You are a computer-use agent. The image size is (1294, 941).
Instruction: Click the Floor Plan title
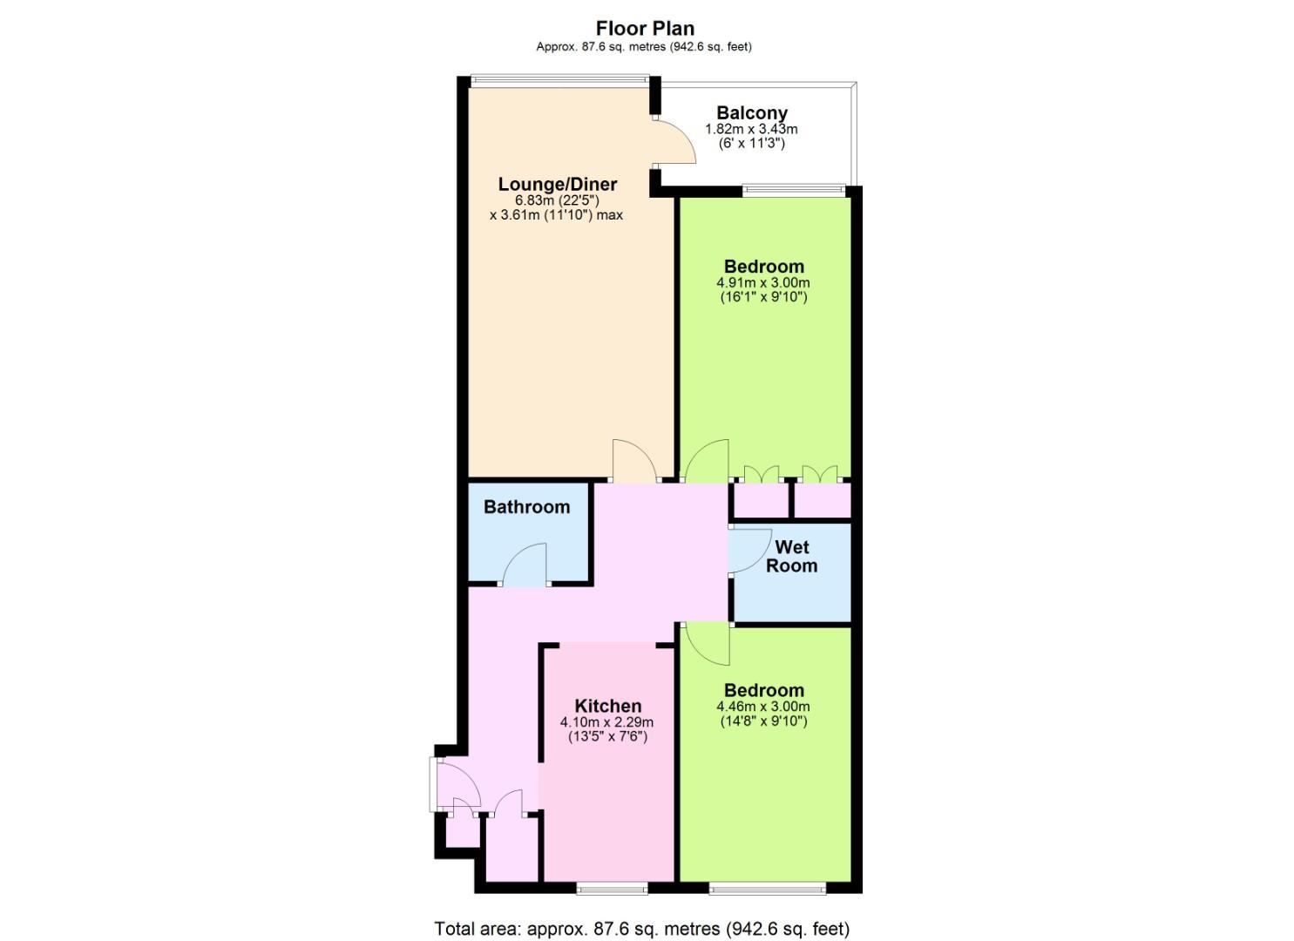[645, 28]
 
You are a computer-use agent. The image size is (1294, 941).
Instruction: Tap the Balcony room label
[751, 112]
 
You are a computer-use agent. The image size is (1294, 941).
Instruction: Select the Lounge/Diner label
[558, 184]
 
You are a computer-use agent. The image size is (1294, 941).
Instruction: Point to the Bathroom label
[527, 506]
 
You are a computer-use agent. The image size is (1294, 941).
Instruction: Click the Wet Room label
[791, 556]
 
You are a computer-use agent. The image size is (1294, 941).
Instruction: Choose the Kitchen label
[607, 706]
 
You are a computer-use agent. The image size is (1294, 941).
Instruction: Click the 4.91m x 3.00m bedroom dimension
[763, 283]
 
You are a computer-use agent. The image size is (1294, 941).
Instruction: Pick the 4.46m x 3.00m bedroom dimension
[763, 707]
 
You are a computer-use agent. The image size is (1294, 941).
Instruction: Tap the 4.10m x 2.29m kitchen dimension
[607, 722]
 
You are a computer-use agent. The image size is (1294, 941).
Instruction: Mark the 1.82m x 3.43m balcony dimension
[751, 129]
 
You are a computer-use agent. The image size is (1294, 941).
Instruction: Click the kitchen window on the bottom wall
[612, 890]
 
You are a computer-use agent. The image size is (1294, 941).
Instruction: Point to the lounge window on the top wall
[559, 81]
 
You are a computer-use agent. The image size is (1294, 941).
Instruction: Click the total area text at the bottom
[642, 929]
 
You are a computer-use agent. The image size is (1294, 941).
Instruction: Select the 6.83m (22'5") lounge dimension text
[557, 200]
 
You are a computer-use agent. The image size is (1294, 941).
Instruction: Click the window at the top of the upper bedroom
[794, 190]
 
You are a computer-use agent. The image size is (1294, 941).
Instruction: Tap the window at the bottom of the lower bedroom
[768, 890]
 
